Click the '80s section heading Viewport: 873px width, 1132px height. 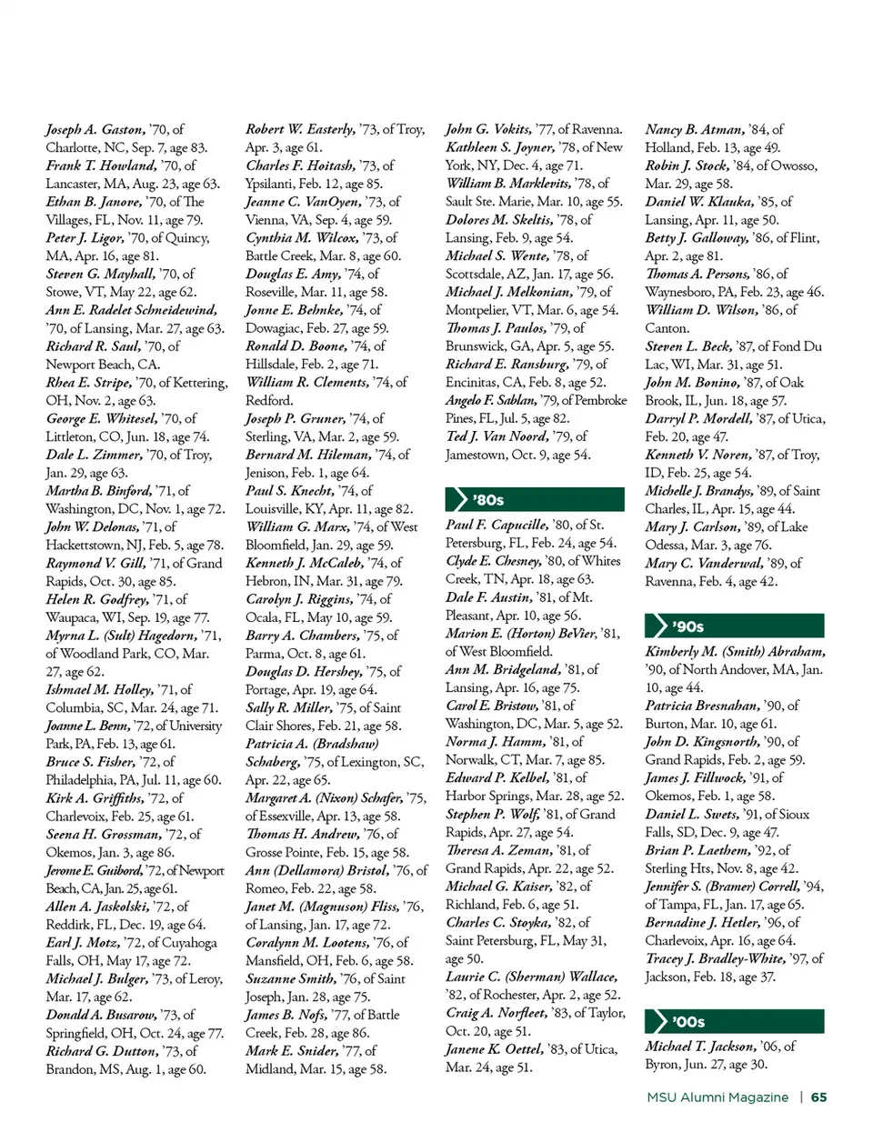tap(488, 499)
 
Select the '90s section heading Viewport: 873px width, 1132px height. tap(688, 626)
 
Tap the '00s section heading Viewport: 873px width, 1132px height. tap(687, 1021)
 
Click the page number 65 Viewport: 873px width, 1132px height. tap(818, 1097)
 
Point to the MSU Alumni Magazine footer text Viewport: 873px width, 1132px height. tap(717, 1097)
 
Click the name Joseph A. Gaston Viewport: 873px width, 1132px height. tap(95, 129)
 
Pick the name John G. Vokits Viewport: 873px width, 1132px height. tap(488, 129)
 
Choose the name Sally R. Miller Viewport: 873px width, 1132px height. tap(288, 707)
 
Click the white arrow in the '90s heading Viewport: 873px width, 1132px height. tap(657, 626)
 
